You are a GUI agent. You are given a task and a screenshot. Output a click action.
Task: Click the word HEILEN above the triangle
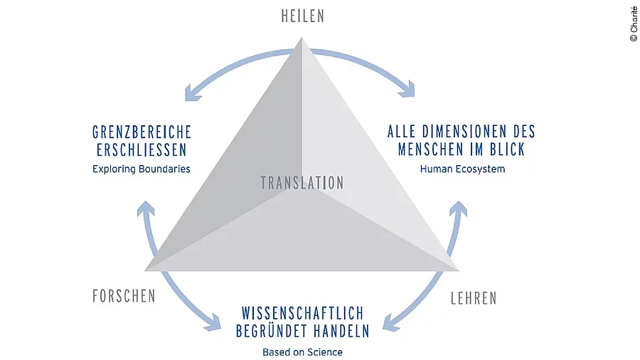point(302,16)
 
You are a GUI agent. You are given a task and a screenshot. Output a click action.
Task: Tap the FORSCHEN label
point(124,296)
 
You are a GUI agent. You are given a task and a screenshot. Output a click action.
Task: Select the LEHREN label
point(474,298)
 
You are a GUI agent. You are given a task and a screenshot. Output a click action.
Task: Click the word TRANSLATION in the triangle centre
point(302,183)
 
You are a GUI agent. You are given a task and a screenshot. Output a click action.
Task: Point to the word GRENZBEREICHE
point(142,132)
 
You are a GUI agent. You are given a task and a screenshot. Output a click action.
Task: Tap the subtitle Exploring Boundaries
point(142,169)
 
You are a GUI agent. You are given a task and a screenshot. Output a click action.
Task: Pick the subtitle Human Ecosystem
point(462,169)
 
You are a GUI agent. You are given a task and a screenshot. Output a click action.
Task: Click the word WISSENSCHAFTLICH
point(303,313)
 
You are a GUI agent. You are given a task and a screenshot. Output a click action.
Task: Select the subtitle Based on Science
point(302,352)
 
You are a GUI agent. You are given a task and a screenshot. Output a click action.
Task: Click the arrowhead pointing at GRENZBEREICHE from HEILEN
point(191,92)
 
